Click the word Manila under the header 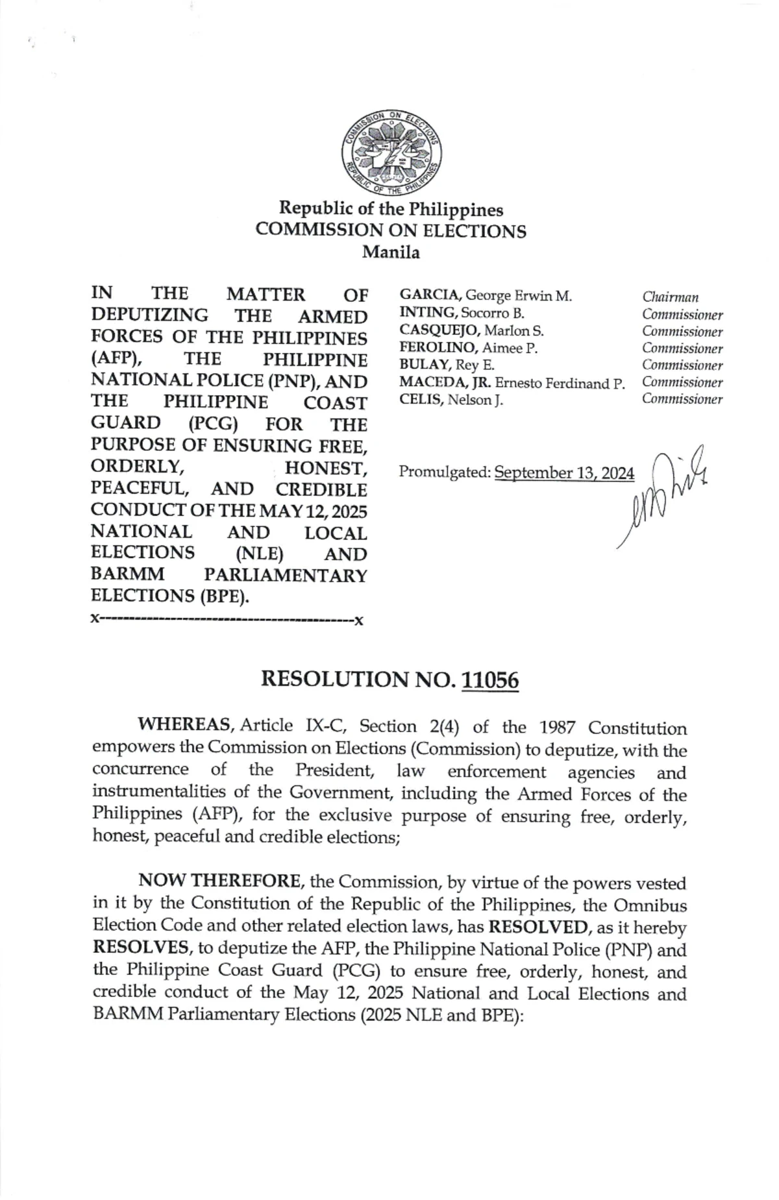(390, 252)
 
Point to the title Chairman (670, 297)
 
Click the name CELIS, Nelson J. (451, 399)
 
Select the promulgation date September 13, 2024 (563, 473)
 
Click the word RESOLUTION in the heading (334, 680)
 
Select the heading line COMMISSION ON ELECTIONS (391, 231)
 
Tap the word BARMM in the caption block (127, 574)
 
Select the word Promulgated (444, 473)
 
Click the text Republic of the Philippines (391, 210)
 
